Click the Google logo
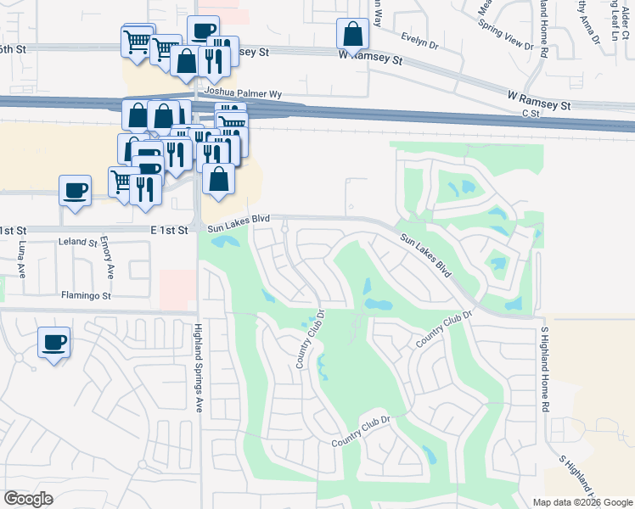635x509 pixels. [x=28, y=499]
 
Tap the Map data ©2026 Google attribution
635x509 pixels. [x=583, y=502]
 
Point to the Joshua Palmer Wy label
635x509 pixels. [x=241, y=91]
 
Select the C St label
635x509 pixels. [x=531, y=113]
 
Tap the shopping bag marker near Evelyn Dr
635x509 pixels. [x=352, y=36]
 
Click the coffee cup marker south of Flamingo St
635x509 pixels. [x=54, y=343]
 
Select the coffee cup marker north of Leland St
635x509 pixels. [x=75, y=190]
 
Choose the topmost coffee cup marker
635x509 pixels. [x=202, y=31]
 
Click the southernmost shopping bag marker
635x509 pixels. [x=219, y=180]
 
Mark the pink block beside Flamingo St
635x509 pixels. [x=177, y=289]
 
